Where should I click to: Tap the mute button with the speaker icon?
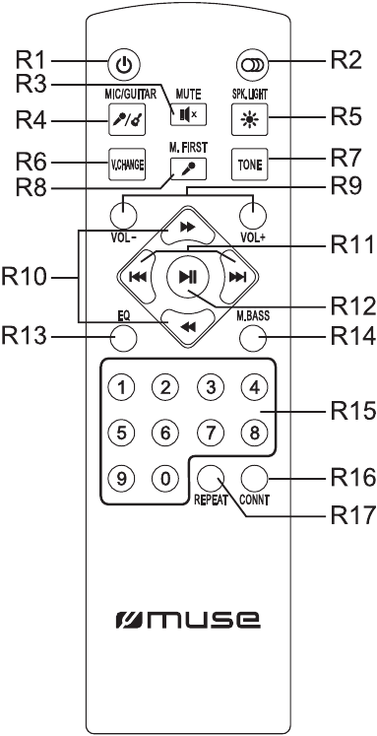click(188, 113)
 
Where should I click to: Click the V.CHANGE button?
click(127, 165)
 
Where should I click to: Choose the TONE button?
click(249, 165)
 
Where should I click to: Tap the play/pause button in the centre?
click(189, 278)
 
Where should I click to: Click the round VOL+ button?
click(252, 216)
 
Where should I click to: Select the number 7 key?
click(210, 433)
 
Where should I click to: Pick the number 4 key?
click(254, 387)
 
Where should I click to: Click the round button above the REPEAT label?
click(210, 478)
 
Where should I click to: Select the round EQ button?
click(124, 337)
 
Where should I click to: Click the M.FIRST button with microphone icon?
click(188, 167)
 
